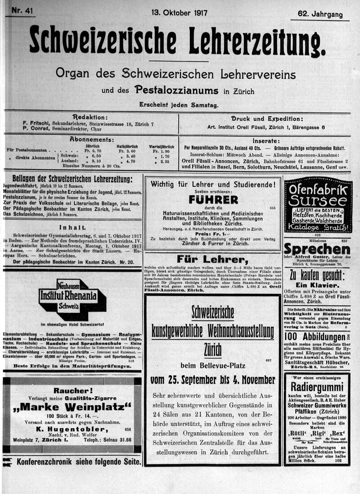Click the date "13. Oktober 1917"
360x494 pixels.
point(179,13)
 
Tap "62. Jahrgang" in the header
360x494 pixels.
point(320,14)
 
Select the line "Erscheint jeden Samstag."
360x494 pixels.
point(179,105)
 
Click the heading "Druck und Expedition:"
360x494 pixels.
point(266,118)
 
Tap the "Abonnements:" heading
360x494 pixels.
point(92,140)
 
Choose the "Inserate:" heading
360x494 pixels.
point(266,140)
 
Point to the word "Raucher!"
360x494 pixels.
point(73,390)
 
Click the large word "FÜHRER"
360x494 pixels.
point(213,199)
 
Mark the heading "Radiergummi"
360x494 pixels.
point(317,387)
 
